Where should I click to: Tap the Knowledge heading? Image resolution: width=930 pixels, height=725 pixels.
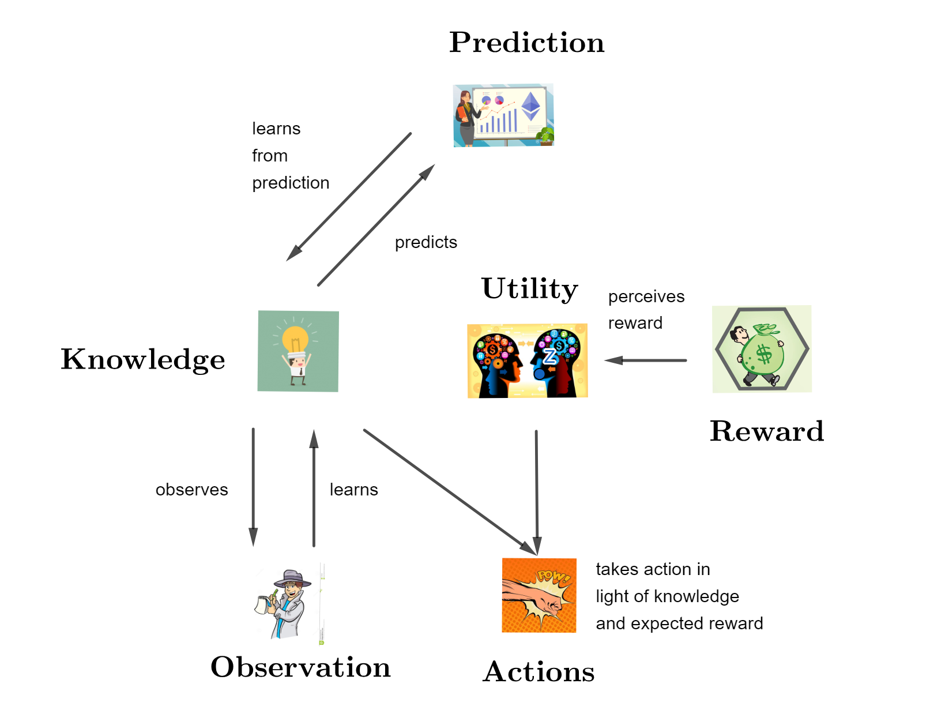[x=143, y=360]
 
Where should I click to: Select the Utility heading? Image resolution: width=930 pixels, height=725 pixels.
[x=529, y=290]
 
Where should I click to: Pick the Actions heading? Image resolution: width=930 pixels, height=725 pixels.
[x=539, y=671]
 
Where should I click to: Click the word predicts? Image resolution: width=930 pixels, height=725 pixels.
[x=426, y=243]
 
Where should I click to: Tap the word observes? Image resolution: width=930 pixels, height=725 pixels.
[x=192, y=490]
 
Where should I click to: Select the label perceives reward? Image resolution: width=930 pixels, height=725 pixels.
[x=646, y=309]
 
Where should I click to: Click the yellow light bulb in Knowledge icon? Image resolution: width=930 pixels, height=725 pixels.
[x=295, y=339]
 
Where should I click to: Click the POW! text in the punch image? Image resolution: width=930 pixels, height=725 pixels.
[x=554, y=577]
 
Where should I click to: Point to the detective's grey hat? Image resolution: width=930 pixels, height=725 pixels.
[x=292, y=578]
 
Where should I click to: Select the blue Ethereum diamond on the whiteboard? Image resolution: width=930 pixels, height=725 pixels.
[x=530, y=106]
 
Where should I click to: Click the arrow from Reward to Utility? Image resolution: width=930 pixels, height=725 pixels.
[x=645, y=360]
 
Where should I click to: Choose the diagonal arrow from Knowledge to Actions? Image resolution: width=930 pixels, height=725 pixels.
[x=450, y=492]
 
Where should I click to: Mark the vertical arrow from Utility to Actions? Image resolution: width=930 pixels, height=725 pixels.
[x=537, y=493]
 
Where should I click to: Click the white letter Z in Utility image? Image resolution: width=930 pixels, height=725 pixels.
[x=550, y=356]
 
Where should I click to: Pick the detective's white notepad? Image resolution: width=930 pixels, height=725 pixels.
[x=262, y=605]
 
